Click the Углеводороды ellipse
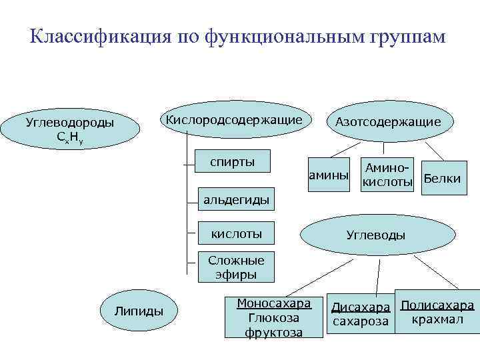pos(70,129)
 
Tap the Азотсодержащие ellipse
pos(388,122)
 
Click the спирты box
pos(232,162)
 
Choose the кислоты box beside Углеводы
pos(236,233)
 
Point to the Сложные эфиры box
pos(236,267)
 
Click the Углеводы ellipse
pos(375,235)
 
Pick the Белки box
pos(442,179)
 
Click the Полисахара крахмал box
pos(437,311)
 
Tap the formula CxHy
pos(70,138)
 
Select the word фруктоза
pos(274,332)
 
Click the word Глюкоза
pos(274,318)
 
